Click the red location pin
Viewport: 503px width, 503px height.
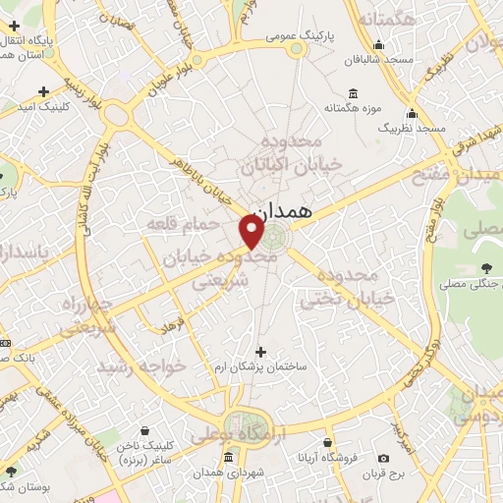coord(251,231)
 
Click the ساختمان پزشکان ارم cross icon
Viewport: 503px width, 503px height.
coord(260,352)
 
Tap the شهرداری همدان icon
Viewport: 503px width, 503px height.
coord(229,457)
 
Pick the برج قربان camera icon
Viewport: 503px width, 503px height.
coord(383,459)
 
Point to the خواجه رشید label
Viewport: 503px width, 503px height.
coord(135,365)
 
